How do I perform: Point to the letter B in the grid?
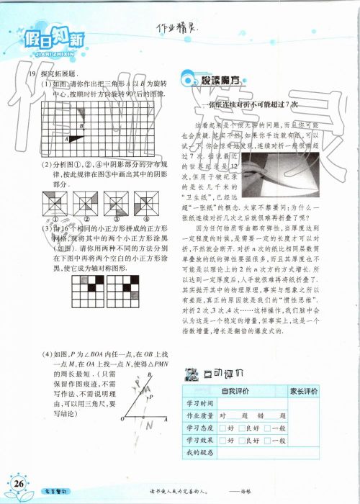[x=81, y=127]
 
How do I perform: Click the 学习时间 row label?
[x=199, y=404]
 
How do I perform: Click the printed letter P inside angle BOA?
[x=150, y=397]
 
